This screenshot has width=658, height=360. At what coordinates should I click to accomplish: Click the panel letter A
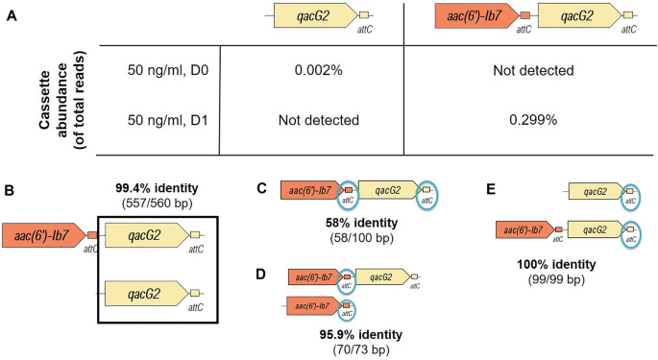click(11, 12)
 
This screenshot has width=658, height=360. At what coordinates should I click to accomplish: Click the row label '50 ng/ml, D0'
click(167, 70)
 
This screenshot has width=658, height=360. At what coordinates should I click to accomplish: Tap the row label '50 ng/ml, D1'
click(167, 120)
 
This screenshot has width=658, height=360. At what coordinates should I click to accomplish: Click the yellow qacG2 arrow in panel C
click(387, 191)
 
